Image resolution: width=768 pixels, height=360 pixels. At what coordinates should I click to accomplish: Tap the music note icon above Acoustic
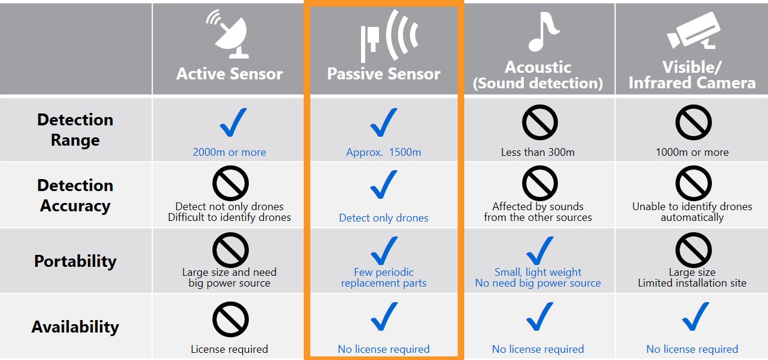[543, 31]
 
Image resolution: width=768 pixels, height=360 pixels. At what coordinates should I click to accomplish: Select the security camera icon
[694, 30]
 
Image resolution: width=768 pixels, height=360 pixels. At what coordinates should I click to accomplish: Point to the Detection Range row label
[75, 130]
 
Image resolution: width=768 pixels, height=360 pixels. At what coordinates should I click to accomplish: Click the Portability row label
[75, 261]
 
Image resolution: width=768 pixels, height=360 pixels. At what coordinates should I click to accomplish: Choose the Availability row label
[75, 327]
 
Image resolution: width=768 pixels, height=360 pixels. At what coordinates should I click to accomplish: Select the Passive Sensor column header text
[384, 73]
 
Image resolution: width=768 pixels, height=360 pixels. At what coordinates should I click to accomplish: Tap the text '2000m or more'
[229, 152]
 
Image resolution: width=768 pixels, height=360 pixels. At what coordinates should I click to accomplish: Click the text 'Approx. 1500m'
[384, 152]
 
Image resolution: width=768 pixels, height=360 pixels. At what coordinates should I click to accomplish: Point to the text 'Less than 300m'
[538, 152]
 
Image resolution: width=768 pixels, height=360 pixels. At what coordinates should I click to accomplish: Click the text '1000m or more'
[692, 152]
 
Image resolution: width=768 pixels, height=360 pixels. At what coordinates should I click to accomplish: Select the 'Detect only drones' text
[384, 218]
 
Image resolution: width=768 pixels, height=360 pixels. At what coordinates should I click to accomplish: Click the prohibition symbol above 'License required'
[230, 319]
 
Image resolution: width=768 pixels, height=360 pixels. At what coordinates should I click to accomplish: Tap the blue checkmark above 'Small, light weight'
[539, 250]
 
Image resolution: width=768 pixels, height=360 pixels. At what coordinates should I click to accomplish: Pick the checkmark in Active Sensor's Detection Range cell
[233, 122]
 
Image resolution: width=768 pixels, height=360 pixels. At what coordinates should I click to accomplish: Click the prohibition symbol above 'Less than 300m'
[540, 122]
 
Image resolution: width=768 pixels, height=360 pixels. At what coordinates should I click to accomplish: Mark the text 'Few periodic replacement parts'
[384, 278]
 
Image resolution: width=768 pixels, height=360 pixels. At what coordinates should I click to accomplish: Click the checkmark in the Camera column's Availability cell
[695, 316]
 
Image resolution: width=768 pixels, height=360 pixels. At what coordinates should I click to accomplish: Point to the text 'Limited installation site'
[692, 283]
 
